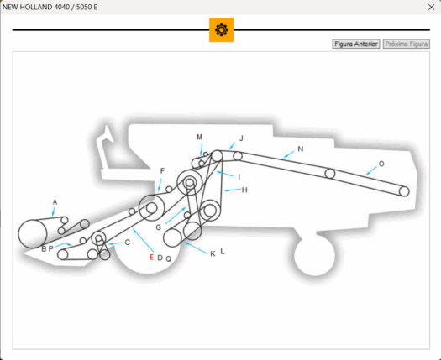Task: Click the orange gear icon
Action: [x=222, y=29]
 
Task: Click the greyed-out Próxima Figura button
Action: [x=407, y=44]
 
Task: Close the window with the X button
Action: [x=431, y=8]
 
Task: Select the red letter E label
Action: [x=151, y=257]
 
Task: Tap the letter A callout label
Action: [x=55, y=201]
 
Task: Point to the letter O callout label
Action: [x=381, y=164]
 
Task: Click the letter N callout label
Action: [x=301, y=149]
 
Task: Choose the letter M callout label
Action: [x=199, y=137]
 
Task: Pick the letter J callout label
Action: [x=241, y=138]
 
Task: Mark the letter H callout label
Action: [x=244, y=190]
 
